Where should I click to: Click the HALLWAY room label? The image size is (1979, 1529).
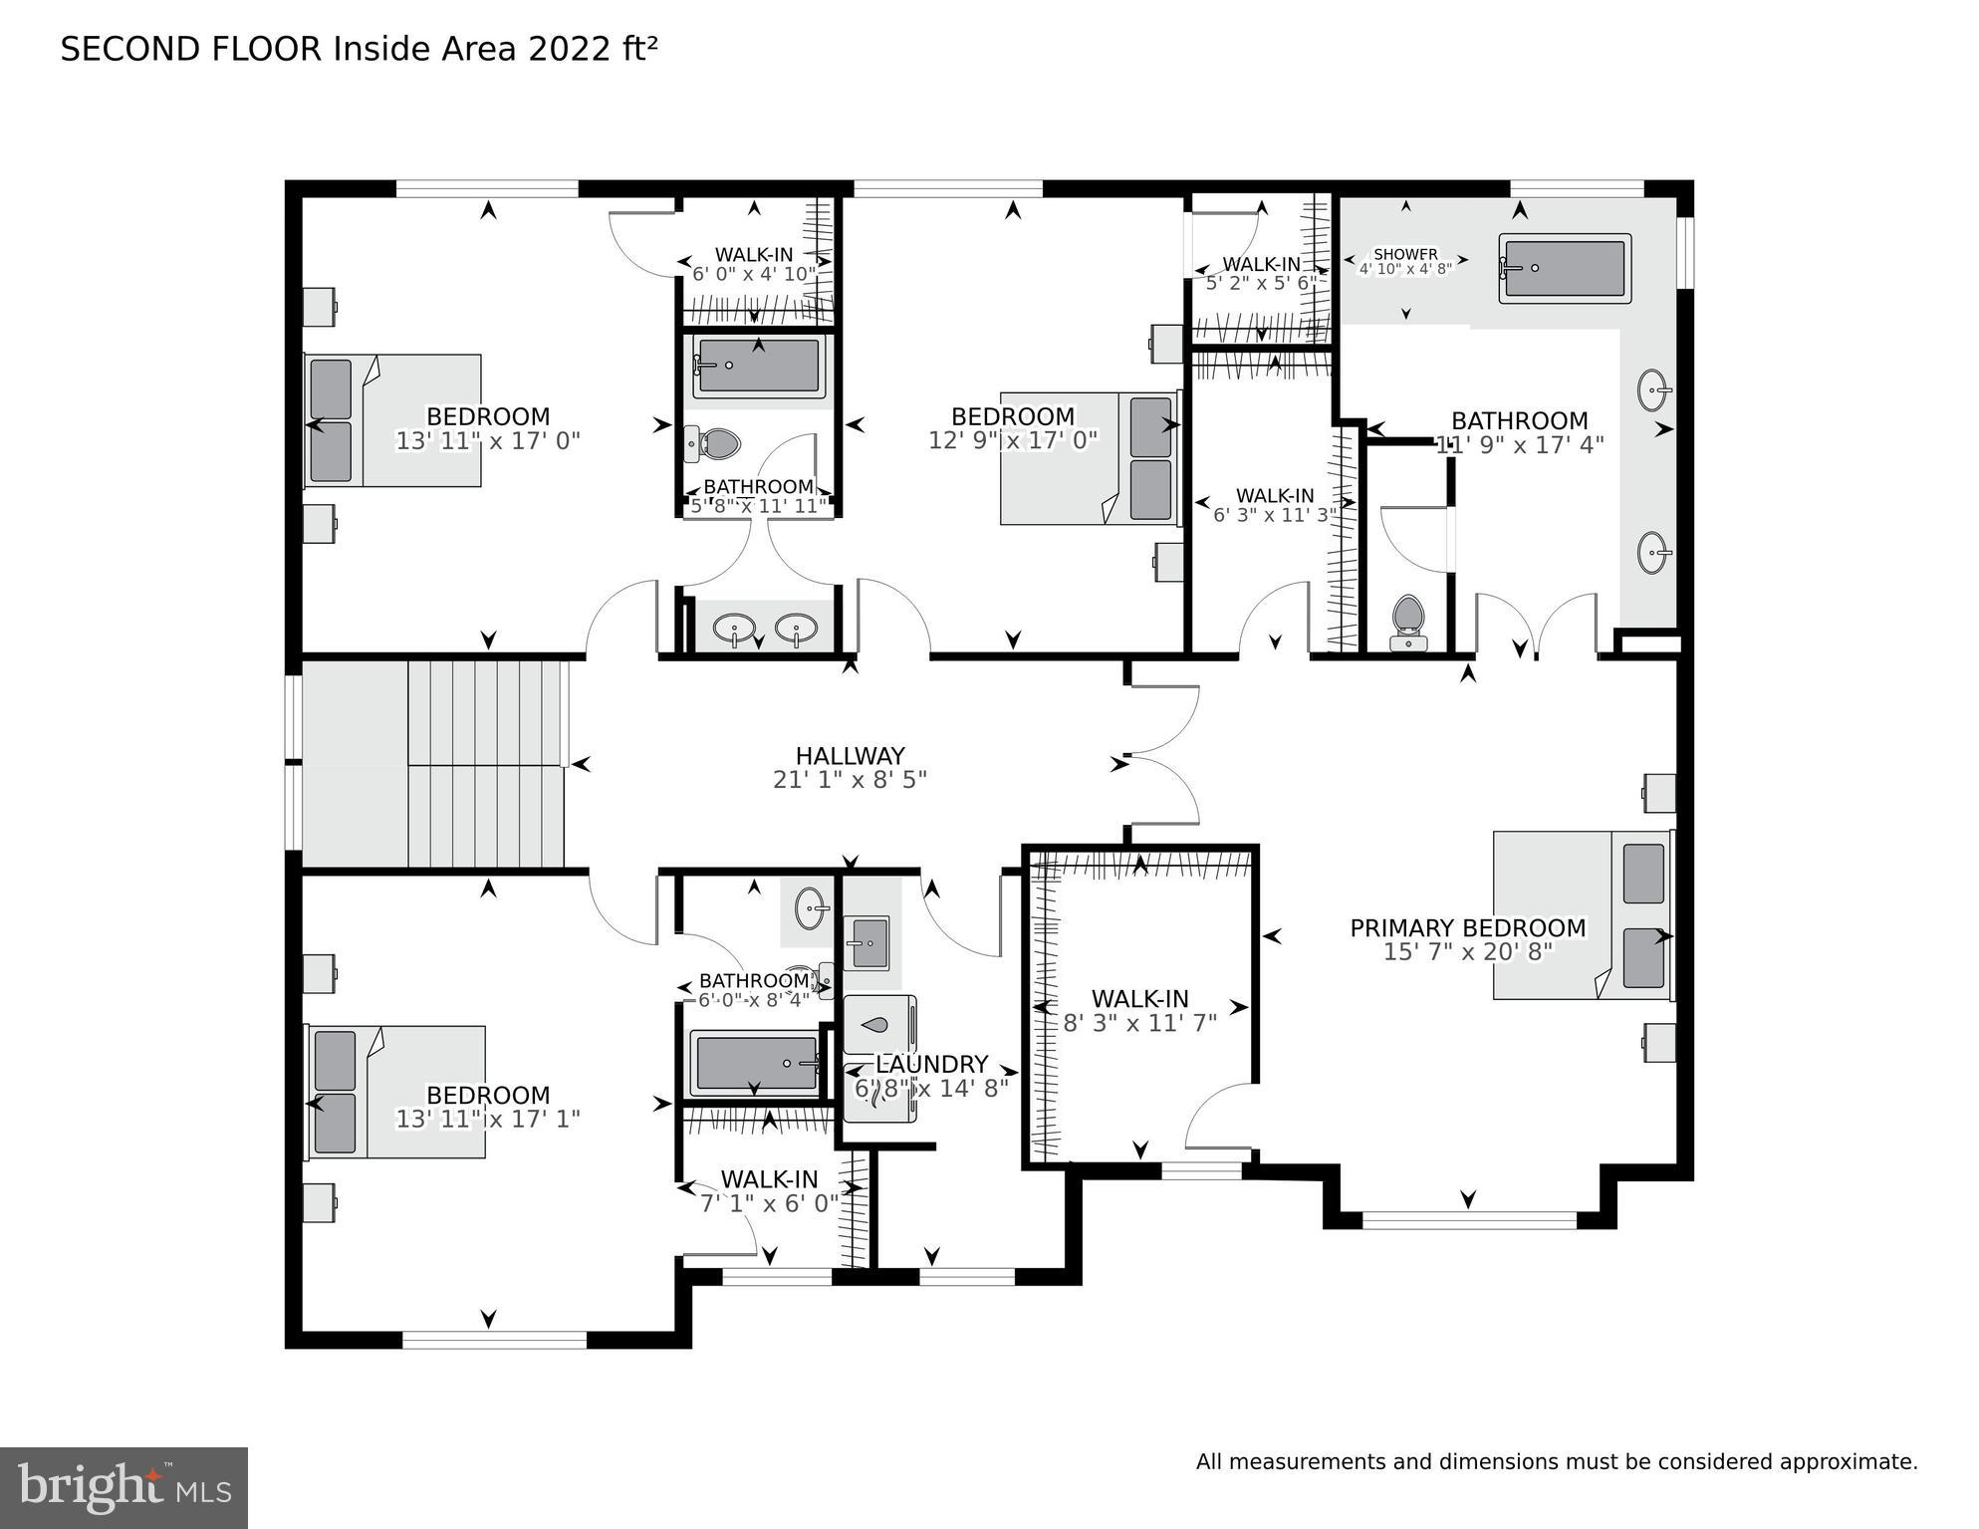coord(850,756)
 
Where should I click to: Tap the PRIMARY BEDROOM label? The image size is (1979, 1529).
coord(1467,928)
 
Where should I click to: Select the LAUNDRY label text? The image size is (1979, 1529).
coord(931,1064)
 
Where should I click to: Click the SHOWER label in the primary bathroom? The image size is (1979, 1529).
coord(1405,254)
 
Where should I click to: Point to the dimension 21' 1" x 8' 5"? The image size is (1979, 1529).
coord(850,780)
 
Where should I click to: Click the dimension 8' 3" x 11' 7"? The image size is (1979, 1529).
coord(1139,1023)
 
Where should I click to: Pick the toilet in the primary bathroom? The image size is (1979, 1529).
coord(1407,620)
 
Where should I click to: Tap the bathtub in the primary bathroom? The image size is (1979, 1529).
coord(1565,268)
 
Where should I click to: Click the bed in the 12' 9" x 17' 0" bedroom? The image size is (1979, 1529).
coord(1088,458)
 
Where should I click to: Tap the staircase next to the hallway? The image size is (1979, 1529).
coord(486,763)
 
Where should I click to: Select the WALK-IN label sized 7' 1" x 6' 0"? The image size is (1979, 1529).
coord(769,1179)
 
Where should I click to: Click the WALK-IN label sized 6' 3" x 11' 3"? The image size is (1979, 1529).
coord(1275,495)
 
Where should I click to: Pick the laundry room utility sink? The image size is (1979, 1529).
coord(867,942)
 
